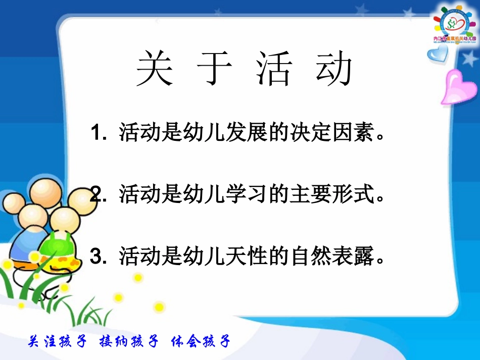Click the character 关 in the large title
pos(155,69)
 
